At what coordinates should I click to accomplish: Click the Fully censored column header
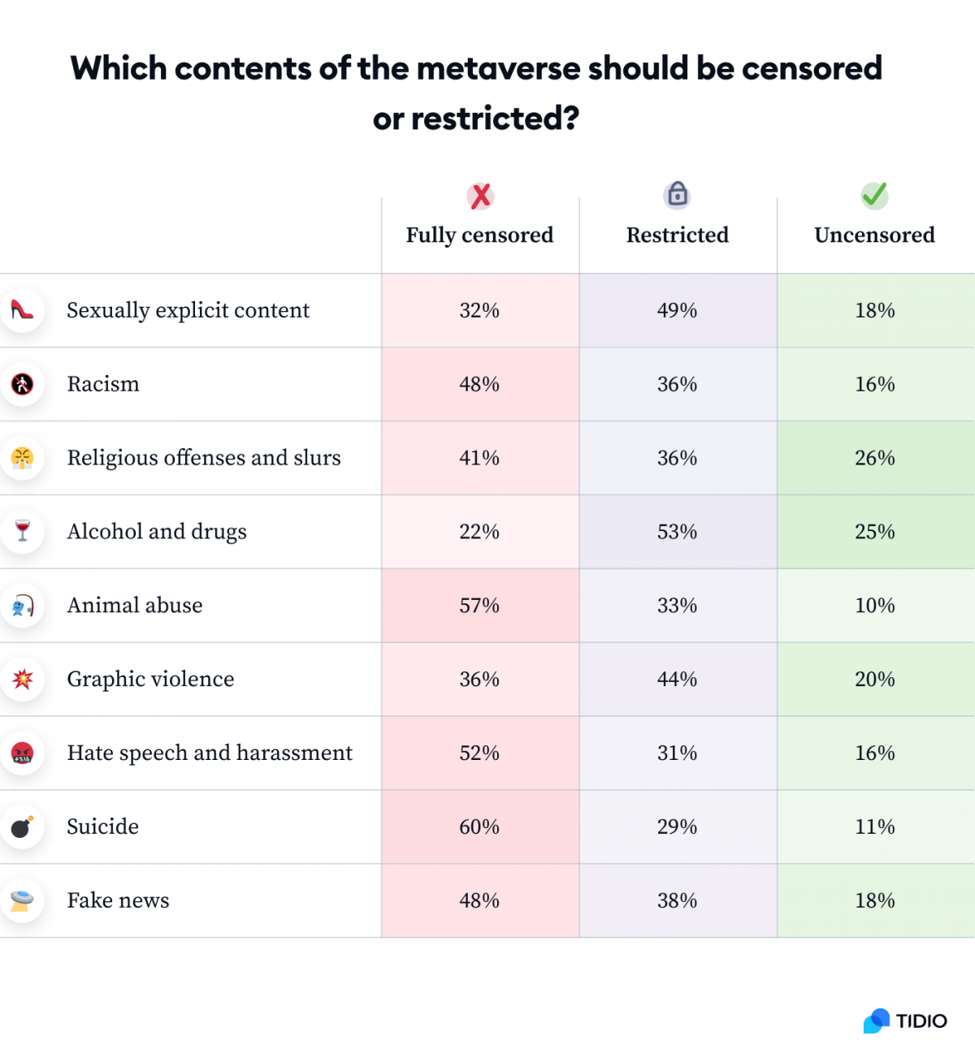point(479,235)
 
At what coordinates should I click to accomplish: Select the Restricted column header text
point(677,235)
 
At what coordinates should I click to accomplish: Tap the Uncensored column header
point(874,235)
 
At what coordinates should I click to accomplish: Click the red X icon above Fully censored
point(480,196)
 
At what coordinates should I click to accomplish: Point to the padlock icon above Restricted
point(677,194)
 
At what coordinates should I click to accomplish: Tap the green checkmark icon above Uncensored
point(874,195)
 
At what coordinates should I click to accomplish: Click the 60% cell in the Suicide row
point(479,827)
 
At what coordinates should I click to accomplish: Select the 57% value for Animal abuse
point(479,606)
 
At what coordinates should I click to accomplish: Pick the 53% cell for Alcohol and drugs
point(677,532)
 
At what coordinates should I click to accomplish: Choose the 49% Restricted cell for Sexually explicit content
point(677,310)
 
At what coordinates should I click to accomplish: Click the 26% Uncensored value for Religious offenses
point(874,458)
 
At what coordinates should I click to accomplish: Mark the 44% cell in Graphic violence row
point(677,680)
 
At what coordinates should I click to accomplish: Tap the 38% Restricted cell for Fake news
point(677,900)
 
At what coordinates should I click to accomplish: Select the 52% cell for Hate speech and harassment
point(479,753)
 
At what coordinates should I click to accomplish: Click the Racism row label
point(103,384)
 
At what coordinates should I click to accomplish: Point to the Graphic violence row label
point(150,680)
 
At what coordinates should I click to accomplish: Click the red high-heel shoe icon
point(22,309)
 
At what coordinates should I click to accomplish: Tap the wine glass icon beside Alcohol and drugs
point(22,531)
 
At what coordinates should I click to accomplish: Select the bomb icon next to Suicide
point(22,827)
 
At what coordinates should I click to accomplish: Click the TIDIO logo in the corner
point(905,1021)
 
